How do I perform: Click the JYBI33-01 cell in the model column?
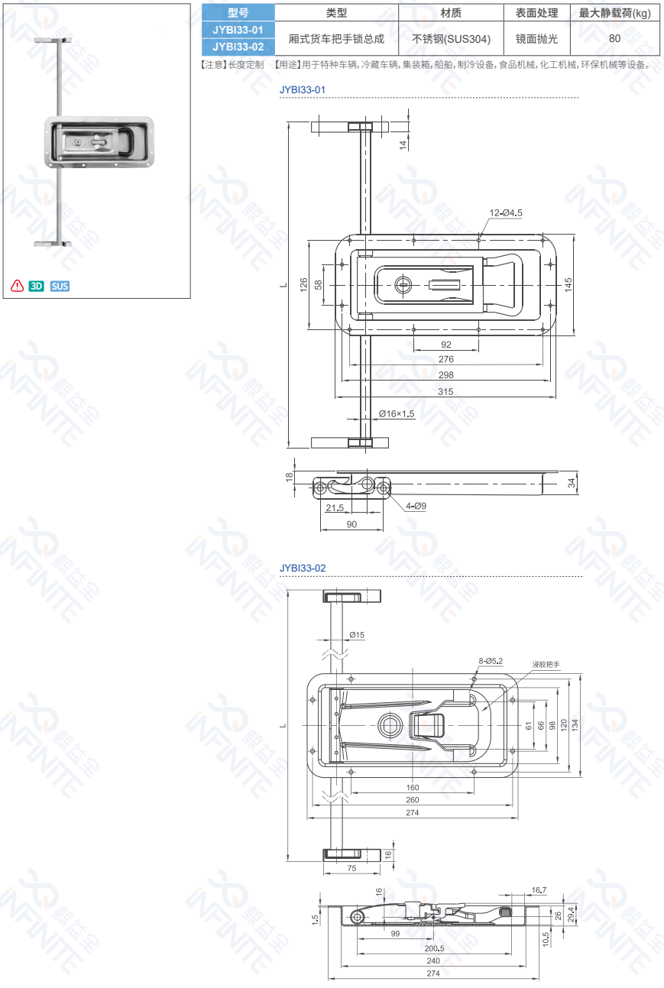coord(238,30)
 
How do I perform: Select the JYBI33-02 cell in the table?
coord(238,47)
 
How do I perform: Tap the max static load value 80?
coord(614,38)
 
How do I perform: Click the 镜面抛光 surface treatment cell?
coord(536,39)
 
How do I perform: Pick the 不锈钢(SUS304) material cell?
coord(451,39)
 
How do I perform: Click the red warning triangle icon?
coord(18,286)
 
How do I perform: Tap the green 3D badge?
coord(36,287)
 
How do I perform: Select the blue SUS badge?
coord(60,287)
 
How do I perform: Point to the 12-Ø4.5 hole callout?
coord(506,212)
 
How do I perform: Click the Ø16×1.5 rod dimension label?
coord(397,413)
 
